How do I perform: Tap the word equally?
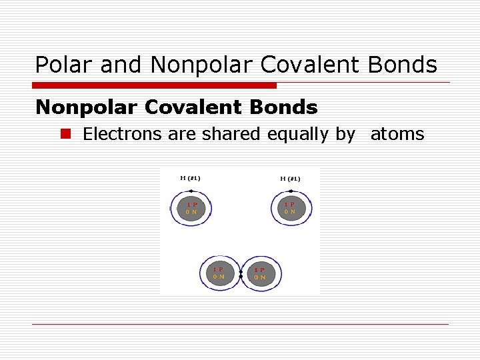click(x=298, y=134)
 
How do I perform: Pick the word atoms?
click(x=397, y=134)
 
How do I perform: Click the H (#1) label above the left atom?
click(x=191, y=178)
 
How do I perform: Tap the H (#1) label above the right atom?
click(x=290, y=179)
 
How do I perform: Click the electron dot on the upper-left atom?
click(x=191, y=191)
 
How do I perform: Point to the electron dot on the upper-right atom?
click(x=291, y=191)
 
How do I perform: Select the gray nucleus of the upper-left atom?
click(x=191, y=208)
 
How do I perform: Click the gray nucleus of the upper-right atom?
click(x=290, y=208)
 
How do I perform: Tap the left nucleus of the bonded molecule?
click(x=219, y=273)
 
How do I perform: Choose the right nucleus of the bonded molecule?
click(x=259, y=273)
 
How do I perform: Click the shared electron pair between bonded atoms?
click(x=240, y=273)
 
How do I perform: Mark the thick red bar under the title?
click(x=154, y=85)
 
